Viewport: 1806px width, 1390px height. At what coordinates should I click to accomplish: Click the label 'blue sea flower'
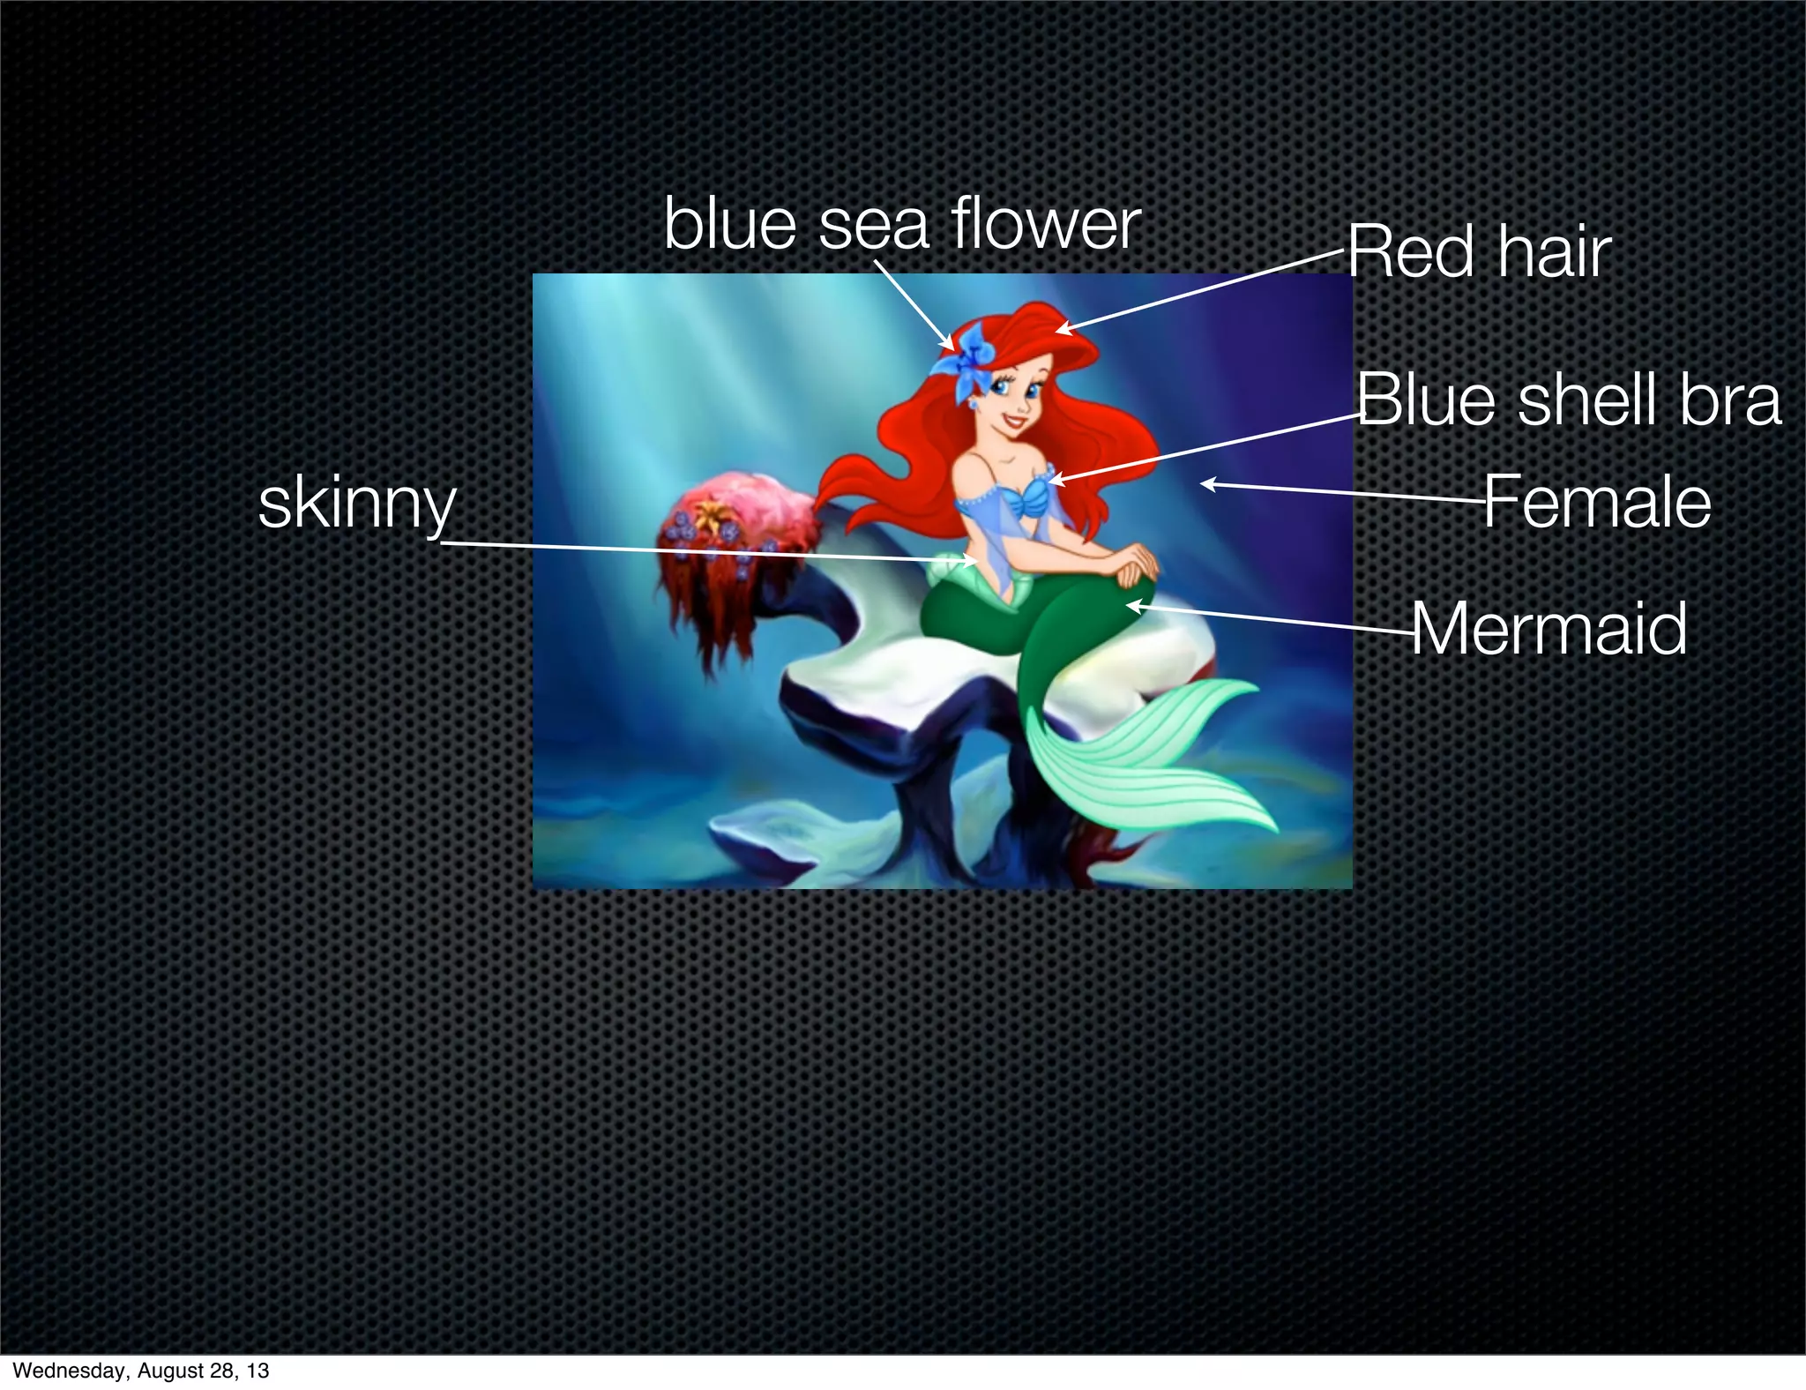point(901,224)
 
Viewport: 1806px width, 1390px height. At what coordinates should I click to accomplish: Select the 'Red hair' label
point(1479,252)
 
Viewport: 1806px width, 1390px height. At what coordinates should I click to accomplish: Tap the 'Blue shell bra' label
point(1568,400)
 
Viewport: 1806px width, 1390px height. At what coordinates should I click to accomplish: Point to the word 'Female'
point(1596,502)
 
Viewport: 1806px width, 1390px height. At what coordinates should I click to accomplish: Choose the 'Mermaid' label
point(1549,628)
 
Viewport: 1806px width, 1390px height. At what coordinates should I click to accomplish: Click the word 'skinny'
point(357,504)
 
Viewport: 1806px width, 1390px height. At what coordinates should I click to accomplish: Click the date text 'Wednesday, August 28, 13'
point(141,1371)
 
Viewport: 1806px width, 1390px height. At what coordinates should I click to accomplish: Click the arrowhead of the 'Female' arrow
point(1205,483)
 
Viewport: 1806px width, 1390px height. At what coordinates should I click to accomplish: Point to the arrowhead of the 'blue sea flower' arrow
point(951,347)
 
